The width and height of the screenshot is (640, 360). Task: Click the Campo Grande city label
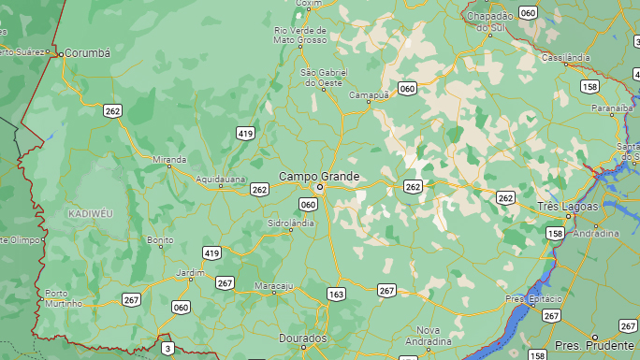[318, 176]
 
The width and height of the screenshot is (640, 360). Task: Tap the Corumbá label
[88, 53]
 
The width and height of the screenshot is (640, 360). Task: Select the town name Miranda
[169, 159]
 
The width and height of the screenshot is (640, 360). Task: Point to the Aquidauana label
[221, 178]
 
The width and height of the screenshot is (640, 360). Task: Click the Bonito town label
[160, 239]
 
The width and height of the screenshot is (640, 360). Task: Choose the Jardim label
[190, 272]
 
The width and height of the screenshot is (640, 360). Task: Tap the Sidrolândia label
[290, 223]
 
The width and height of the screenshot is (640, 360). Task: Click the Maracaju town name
[274, 284]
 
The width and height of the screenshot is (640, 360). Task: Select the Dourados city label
[303, 338]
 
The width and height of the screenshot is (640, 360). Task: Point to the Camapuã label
[369, 94]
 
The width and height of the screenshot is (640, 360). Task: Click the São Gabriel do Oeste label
[324, 77]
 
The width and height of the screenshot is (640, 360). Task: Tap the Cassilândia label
[565, 57]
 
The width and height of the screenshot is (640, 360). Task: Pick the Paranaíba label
[613, 108]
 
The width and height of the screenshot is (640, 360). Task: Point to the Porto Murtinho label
[64, 297]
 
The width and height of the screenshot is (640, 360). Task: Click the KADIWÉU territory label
[91, 213]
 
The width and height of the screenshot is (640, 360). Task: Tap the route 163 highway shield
[336, 295]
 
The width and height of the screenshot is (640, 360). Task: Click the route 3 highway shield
[167, 348]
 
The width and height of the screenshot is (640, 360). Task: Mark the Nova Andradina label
[428, 336]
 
